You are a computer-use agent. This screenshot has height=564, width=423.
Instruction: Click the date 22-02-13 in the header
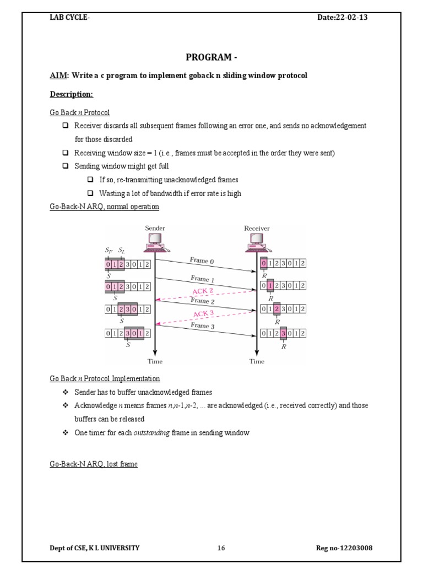351,18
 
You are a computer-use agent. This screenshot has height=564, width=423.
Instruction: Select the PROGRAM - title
211,57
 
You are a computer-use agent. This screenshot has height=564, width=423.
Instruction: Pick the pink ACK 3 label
204,314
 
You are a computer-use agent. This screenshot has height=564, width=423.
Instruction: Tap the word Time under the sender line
155,361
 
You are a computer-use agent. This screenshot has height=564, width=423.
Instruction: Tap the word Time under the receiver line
257,361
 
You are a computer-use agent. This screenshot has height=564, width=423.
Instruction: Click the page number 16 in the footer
221,548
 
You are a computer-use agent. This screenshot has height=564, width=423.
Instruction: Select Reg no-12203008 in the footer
348,548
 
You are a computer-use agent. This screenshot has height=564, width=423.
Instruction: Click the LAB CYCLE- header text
70,18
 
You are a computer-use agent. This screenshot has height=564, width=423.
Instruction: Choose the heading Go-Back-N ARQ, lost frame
94,464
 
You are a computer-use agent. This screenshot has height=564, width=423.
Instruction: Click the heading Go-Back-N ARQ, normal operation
104,207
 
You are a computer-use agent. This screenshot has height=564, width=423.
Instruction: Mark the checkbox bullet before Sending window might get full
65,166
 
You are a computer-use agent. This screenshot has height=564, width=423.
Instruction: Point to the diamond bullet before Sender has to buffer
65,392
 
